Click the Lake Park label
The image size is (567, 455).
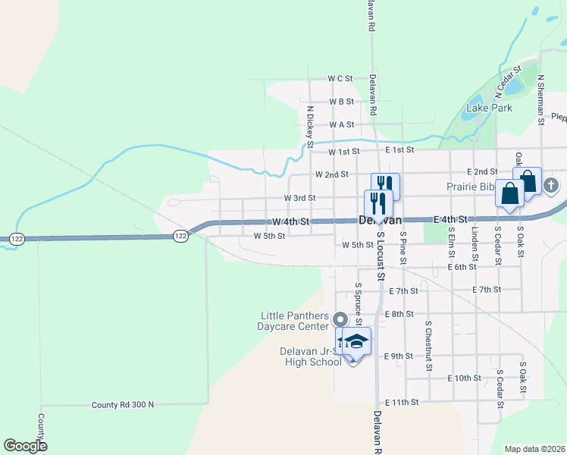pos(489,108)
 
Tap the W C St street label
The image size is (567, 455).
pos(340,78)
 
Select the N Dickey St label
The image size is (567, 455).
pos(310,125)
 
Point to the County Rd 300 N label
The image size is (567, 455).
pos(122,405)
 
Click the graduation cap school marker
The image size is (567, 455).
pos(356,340)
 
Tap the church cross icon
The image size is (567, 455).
pos(551,184)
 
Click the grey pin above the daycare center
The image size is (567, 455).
pos(340,319)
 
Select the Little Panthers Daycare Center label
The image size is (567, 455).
pos(295,322)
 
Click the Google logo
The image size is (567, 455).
pos(25,446)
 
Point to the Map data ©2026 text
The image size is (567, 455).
pos(534,449)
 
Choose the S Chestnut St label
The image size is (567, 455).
pos(428,345)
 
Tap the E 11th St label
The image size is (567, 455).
pos(402,402)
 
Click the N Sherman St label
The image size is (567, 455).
pos(541,99)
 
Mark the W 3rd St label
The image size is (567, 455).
pos(299,198)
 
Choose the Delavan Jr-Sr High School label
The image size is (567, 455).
pos(302,356)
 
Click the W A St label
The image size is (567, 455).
pos(342,124)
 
